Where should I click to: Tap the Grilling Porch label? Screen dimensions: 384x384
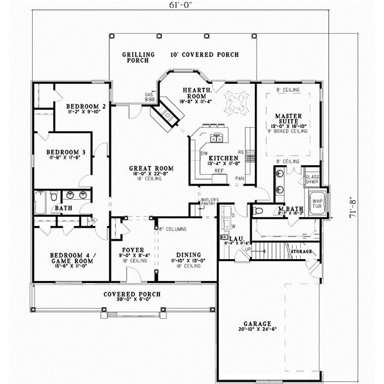click(138, 58)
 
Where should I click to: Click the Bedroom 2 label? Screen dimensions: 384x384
click(85, 106)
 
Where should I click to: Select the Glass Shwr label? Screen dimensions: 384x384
click(312, 179)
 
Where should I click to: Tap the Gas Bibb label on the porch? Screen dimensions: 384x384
click(150, 97)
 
